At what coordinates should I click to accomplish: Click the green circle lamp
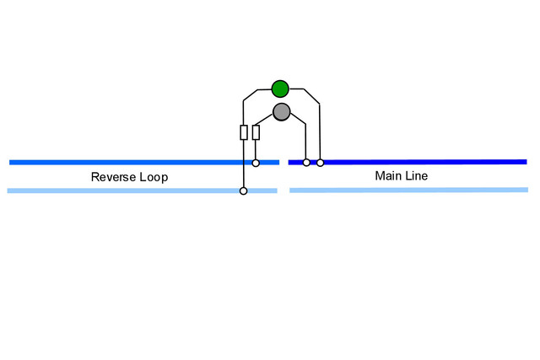(x=280, y=89)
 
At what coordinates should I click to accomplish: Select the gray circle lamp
(x=281, y=112)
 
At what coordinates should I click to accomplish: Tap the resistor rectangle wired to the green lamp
(x=244, y=132)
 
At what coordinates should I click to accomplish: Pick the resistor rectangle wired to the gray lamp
(x=256, y=132)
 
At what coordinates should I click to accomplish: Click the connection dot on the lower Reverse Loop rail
(x=244, y=191)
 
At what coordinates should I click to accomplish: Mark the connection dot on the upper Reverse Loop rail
(x=256, y=163)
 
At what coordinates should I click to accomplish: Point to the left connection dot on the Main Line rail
(x=306, y=163)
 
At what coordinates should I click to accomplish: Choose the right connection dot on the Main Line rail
(x=321, y=163)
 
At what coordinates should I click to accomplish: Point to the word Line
(x=416, y=176)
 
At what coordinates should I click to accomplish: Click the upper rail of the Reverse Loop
(x=144, y=163)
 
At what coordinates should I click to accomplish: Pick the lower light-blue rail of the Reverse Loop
(x=143, y=191)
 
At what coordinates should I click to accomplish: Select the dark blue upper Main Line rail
(x=408, y=162)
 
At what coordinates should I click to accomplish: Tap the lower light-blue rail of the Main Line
(x=408, y=190)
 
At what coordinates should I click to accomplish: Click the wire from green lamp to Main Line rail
(x=319, y=103)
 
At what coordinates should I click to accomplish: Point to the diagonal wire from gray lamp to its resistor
(x=264, y=120)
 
